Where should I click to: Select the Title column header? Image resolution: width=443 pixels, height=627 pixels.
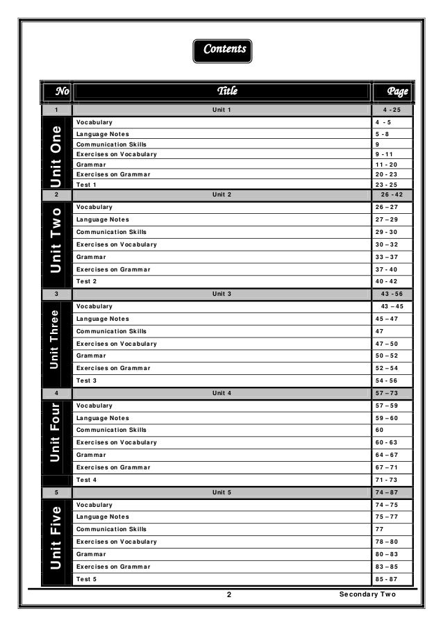point(227,91)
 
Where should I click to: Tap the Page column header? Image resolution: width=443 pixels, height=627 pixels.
point(397,91)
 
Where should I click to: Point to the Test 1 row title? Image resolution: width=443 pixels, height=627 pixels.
point(86,185)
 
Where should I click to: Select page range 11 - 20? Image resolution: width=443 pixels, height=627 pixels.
point(386,165)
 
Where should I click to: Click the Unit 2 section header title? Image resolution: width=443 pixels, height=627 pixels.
point(222,194)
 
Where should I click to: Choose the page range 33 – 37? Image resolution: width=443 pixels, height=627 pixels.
point(386,257)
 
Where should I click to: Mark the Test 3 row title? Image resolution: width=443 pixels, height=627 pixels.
point(87,381)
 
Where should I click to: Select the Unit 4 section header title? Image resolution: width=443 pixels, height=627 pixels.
point(222,393)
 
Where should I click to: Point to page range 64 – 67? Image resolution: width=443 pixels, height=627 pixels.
point(386,455)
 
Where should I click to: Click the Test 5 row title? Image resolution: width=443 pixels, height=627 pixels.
point(87,579)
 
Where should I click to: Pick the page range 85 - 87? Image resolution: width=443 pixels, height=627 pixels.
point(386,579)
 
